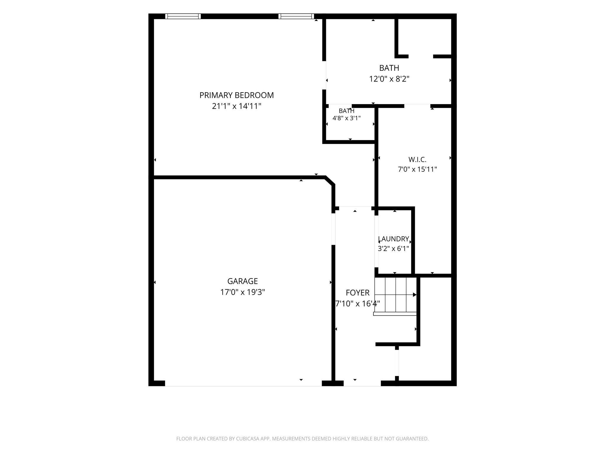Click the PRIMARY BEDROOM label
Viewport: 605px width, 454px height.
click(237, 95)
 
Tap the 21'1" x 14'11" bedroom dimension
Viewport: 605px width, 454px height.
click(237, 106)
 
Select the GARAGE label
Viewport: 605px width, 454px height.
click(243, 281)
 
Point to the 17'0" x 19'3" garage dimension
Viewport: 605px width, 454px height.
click(243, 292)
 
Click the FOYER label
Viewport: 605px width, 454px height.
click(357, 293)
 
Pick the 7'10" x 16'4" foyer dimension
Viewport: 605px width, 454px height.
click(357, 304)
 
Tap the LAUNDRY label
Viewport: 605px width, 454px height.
click(393, 239)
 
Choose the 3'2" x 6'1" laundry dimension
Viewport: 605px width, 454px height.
click(393, 249)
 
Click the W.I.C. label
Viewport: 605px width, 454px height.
click(417, 160)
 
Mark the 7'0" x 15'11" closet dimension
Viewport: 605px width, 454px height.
click(417, 169)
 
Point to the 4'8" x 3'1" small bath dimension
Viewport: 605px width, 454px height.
click(347, 118)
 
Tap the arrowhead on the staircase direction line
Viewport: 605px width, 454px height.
click(415, 295)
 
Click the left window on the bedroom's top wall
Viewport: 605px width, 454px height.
click(183, 16)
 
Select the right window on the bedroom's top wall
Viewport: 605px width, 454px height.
click(296, 16)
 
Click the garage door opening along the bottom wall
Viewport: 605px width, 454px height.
click(243, 383)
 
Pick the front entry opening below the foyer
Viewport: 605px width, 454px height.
click(362, 383)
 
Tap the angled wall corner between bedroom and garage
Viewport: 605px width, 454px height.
click(330, 181)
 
